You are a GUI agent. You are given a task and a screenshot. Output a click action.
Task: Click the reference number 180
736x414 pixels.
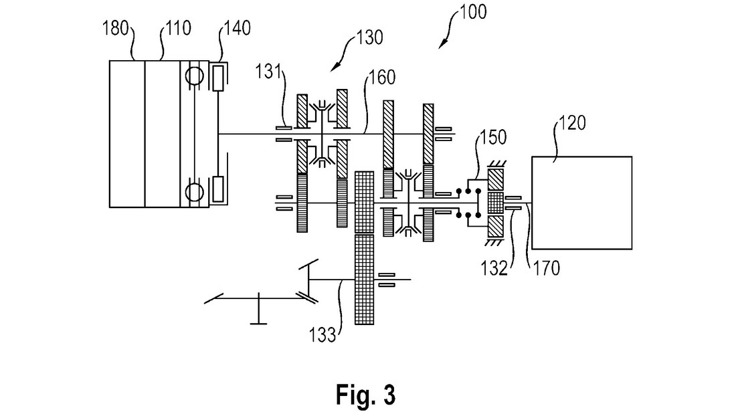116,28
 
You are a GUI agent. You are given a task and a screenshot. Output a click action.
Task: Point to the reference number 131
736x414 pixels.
268,72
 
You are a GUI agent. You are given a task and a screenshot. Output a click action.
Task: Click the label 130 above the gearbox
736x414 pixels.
370,37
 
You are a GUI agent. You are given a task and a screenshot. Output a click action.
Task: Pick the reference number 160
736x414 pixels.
383,78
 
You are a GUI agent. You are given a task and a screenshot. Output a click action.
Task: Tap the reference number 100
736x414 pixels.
473,12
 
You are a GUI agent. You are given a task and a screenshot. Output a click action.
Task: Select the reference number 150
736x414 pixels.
493,137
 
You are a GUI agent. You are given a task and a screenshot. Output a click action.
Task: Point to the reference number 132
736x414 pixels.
494,268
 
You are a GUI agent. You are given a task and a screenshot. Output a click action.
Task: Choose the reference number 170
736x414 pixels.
547,268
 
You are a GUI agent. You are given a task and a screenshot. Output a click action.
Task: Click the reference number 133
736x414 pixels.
323,334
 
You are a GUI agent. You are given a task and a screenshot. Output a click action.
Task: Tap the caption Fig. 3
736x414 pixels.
365,395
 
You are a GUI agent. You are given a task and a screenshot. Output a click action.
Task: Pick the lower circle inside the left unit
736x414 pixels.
193,191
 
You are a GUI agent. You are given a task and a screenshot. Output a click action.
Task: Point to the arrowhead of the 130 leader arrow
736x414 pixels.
333,68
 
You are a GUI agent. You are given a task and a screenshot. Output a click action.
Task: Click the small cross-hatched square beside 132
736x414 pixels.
496,203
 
